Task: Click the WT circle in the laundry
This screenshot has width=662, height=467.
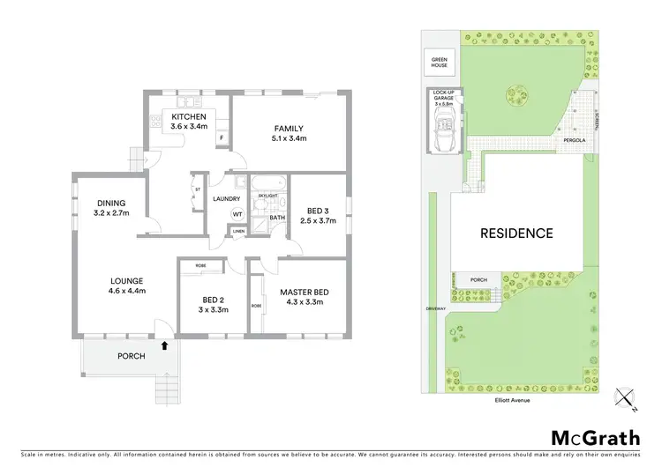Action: (x=237, y=214)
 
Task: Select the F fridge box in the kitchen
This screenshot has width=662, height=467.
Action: (x=221, y=138)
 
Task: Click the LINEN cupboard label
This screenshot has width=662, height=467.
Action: (x=238, y=232)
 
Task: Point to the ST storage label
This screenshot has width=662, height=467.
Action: (x=197, y=188)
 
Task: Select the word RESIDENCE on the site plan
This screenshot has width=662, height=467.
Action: (x=516, y=233)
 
